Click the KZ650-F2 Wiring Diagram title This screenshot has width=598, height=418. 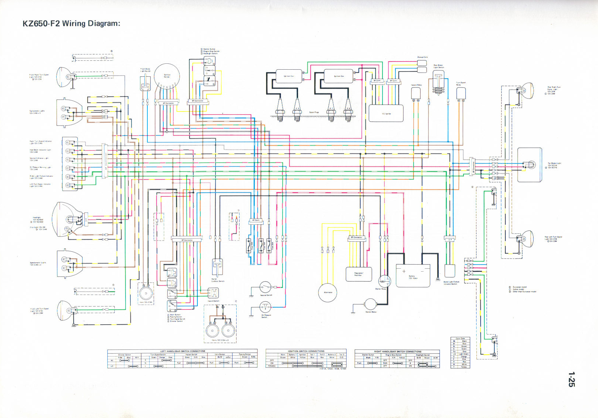coord(71,23)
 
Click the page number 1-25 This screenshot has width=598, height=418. coord(571,379)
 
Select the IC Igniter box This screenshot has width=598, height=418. coord(386,113)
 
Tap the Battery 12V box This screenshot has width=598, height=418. coord(413,275)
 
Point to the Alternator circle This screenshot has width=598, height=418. coord(328,292)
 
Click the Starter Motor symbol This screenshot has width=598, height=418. coord(370,305)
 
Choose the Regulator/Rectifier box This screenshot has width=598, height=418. coord(358,274)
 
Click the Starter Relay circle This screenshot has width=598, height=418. coord(384,281)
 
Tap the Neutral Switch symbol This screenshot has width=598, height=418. coord(265,287)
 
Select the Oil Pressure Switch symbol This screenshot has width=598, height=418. coord(265,307)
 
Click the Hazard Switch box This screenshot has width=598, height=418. coord(213,293)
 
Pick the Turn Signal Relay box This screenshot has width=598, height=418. coord(461,93)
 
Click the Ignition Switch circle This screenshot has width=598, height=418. coord(167,76)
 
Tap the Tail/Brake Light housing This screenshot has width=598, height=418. coord(529,165)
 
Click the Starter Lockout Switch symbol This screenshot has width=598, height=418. coord(217,267)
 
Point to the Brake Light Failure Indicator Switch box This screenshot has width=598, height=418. coord(450,271)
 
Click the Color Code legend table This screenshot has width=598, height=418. coord(460,352)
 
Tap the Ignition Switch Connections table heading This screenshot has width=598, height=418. coord(306,351)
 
